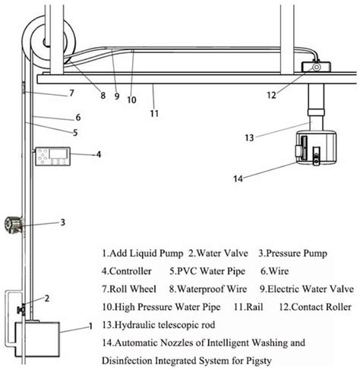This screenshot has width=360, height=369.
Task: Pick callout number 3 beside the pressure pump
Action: point(63,222)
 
